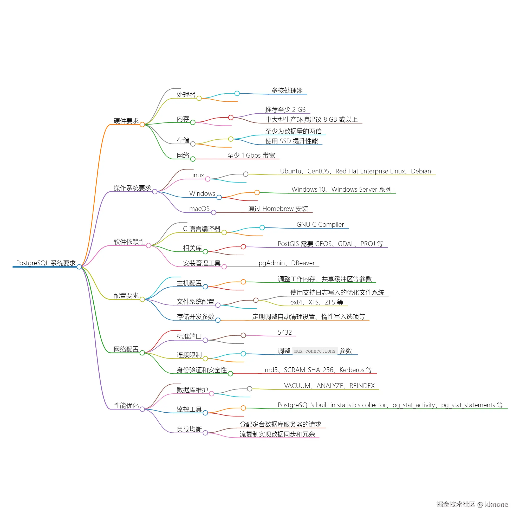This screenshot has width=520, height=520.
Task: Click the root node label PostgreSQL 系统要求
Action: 46,263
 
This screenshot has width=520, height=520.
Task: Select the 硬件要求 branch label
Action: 126,121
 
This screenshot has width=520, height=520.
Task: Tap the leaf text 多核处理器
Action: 287,90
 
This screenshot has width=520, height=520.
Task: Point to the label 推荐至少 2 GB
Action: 285,109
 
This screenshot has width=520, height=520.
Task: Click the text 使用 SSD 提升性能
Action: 291,141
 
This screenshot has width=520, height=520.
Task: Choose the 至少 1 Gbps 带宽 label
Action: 251,155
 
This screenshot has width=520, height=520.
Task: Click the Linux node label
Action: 197,175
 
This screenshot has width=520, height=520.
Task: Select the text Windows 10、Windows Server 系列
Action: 342,190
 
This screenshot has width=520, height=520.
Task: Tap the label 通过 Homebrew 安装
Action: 278,209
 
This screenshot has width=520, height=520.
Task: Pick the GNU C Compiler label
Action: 320,224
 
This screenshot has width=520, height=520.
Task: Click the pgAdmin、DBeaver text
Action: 287,263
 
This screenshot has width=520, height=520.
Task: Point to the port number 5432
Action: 285,332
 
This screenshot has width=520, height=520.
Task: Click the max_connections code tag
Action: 315,351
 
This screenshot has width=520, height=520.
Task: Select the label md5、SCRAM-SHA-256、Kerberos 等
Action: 319,370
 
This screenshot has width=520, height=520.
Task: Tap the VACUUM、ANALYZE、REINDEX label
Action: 329,386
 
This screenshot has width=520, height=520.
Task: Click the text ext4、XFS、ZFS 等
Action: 317,302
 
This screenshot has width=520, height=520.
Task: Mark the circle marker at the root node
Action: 79,267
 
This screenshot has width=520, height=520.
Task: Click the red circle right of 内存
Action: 231,118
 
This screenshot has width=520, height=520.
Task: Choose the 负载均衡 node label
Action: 189,429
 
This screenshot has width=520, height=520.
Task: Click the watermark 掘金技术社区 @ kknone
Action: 472,504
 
